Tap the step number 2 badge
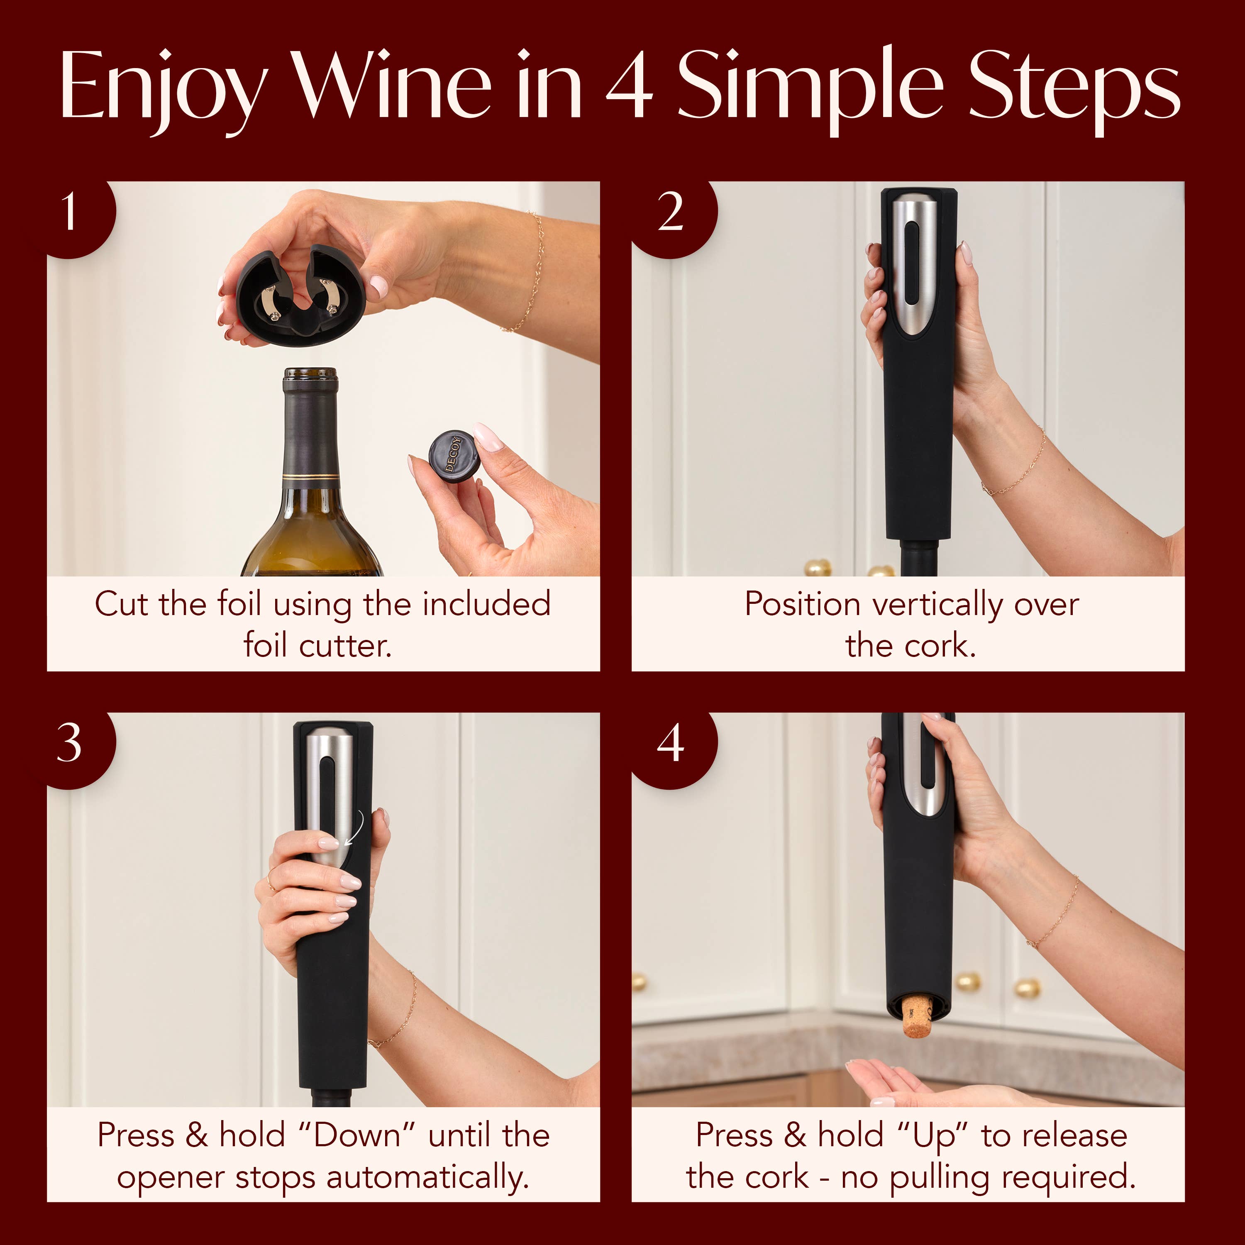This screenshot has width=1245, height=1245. coord(671,212)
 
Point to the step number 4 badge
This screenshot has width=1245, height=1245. coord(671,744)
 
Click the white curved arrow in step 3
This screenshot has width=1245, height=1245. coord(356,828)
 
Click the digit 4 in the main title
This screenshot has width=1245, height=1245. coord(630,87)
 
